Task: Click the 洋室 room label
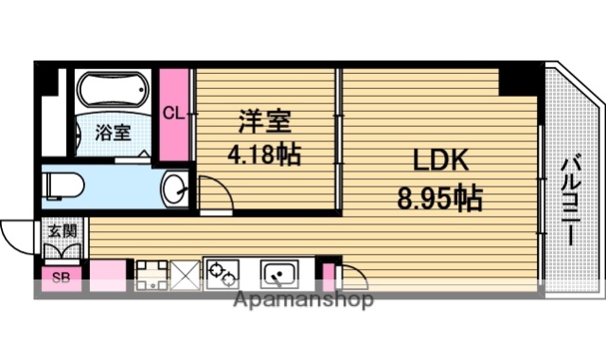click(x=263, y=121)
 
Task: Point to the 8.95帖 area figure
click(x=438, y=199)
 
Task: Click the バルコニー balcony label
click(x=570, y=202)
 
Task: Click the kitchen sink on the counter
click(x=280, y=275)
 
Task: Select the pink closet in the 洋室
click(x=173, y=114)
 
